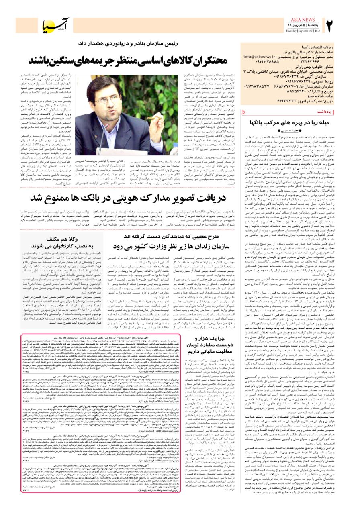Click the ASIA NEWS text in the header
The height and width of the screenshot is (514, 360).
tap(303, 20)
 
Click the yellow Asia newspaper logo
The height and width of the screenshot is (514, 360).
tap(56, 26)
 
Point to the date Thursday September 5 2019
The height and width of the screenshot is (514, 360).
tap(303, 30)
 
